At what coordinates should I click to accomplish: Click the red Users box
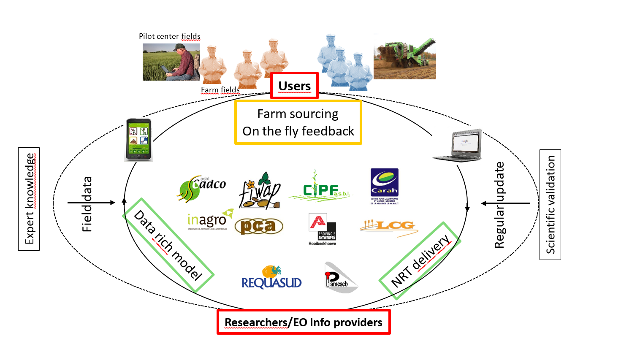point(294,86)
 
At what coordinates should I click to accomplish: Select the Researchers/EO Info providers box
point(303,322)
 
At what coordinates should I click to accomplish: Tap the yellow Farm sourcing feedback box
point(298,122)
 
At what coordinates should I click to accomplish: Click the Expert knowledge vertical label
point(29,199)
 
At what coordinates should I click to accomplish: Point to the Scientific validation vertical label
point(550,205)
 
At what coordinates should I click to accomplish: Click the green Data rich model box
point(168,245)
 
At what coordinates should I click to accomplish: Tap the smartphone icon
point(138,140)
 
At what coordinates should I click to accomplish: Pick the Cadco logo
point(202,188)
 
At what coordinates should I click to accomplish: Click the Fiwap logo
point(260,191)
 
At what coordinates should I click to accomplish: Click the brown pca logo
point(258,226)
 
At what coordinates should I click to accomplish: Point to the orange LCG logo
point(389,226)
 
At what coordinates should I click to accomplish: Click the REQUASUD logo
point(271,278)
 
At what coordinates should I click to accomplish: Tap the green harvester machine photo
point(404,59)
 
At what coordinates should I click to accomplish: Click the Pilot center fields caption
point(169,36)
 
